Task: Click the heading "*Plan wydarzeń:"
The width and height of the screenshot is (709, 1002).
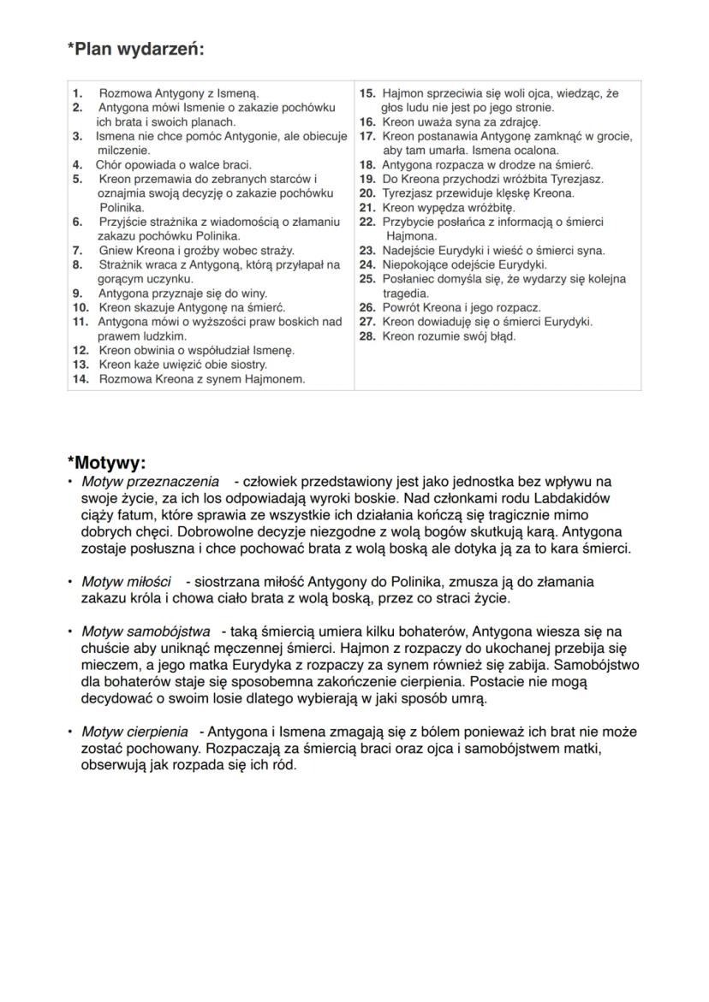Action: click(135, 49)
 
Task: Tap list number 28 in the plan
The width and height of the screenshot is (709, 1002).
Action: click(367, 336)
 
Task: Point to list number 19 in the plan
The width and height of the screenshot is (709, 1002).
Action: click(367, 179)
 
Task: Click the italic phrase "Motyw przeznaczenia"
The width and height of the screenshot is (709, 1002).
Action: click(150, 483)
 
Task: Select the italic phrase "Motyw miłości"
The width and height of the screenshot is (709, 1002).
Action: click(126, 582)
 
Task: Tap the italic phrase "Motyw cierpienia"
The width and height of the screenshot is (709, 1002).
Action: click(134, 732)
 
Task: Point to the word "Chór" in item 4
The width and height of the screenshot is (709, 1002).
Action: click(110, 164)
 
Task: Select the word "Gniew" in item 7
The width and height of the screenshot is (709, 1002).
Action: click(116, 251)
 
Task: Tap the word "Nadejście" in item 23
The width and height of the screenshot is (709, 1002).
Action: click(408, 251)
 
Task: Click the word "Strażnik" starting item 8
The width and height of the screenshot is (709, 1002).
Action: click(119, 265)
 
